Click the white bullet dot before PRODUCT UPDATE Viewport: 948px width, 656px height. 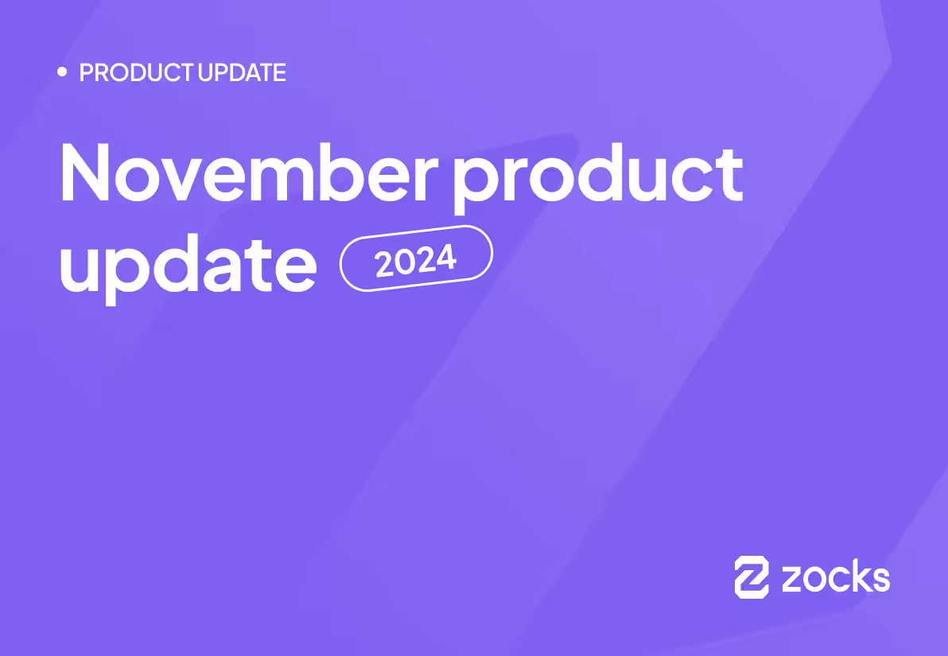(x=63, y=72)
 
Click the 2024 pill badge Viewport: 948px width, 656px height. (x=416, y=258)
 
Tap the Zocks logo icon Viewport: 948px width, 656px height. (x=752, y=576)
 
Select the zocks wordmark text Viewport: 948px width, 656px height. (x=836, y=577)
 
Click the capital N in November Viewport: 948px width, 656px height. (x=86, y=173)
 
